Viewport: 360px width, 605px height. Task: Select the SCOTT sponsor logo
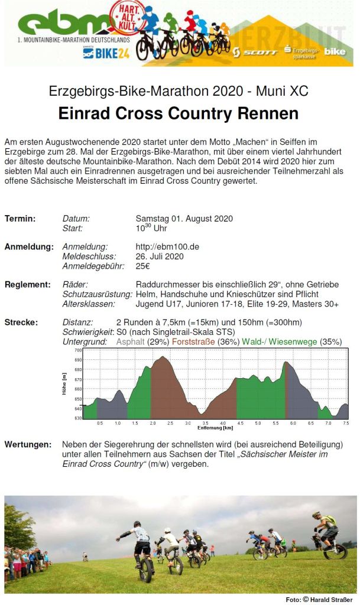pos(255,52)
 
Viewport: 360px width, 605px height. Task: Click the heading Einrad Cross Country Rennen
pos(179,113)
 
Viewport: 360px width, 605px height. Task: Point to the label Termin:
pos(20,219)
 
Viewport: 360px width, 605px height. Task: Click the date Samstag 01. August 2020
pos(184,219)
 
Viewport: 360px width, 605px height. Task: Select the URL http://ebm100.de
pos(167,247)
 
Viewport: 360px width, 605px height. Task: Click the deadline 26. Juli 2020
pos(160,256)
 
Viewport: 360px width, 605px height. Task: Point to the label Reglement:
pos(28,285)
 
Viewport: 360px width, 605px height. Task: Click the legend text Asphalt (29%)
pos(142,341)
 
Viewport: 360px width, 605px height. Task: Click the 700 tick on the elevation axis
pos(78,350)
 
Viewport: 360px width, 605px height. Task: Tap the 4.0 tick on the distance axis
pos(222,423)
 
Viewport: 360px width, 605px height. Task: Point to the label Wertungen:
pos(27,444)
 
